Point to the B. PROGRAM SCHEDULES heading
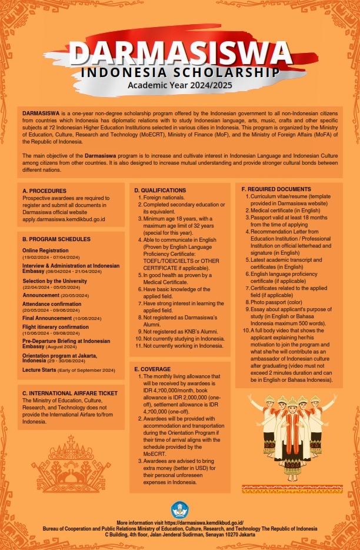56,239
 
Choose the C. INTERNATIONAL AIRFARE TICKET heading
70,393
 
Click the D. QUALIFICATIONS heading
160,191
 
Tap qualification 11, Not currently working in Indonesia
179,345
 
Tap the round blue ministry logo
179,509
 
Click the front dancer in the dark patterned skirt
292,435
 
